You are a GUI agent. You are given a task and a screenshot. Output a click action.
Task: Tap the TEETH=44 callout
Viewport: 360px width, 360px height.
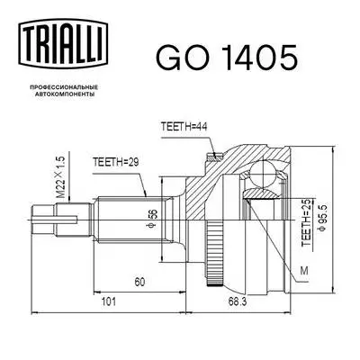coord(185,127)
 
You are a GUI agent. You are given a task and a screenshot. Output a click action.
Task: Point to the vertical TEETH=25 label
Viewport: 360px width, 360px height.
coord(306,217)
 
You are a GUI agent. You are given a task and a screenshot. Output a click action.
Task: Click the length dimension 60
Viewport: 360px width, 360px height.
coord(139,282)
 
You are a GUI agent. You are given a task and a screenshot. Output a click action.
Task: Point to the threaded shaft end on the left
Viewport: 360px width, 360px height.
coord(45,216)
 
